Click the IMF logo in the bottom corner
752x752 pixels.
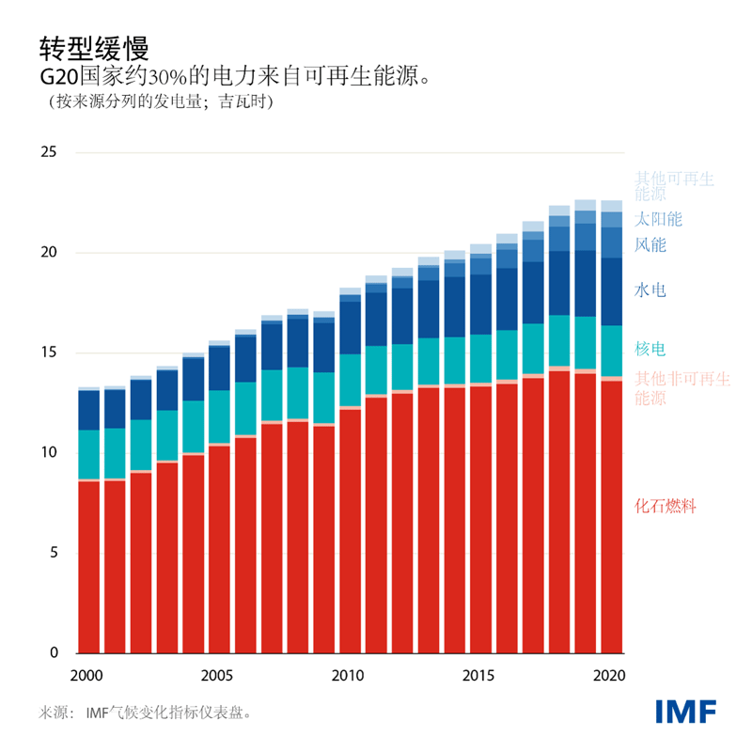tap(685, 711)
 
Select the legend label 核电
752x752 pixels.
tap(650, 350)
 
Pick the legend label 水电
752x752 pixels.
tap(650, 290)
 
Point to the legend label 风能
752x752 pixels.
tap(650, 245)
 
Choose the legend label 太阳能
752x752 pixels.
tap(658, 219)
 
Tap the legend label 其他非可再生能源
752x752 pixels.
tap(681, 388)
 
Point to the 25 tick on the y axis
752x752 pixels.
tap(48, 153)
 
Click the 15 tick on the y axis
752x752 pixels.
tap(48, 353)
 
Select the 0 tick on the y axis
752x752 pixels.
tap(53, 652)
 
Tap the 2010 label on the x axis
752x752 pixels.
tap(348, 675)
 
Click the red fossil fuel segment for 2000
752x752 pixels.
tap(89, 564)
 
